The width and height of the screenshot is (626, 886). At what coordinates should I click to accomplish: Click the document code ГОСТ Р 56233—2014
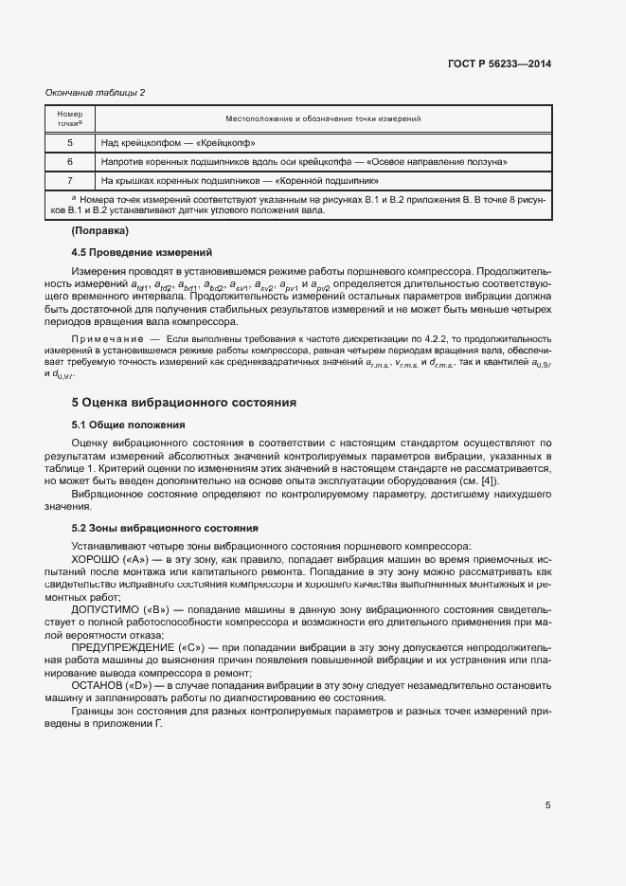(498, 64)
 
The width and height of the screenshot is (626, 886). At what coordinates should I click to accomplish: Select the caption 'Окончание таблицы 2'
(96, 92)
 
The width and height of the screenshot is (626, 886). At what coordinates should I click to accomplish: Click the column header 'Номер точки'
(70, 118)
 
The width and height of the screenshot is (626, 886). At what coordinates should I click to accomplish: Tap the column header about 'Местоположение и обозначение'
(323, 118)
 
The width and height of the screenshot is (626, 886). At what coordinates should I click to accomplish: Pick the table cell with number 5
(70, 143)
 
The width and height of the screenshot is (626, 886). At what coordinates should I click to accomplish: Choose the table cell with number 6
(70, 162)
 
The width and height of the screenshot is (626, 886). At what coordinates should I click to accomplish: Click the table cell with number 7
(70, 180)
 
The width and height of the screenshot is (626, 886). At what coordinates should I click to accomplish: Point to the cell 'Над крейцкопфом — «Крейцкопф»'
(179, 143)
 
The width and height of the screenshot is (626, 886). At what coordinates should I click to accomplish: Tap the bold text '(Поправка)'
(99, 231)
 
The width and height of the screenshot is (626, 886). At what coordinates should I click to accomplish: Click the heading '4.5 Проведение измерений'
(141, 252)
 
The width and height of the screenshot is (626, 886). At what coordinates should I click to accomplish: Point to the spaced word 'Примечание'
(104, 338)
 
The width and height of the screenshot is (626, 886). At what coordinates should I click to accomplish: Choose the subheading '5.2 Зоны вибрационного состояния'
(158, 528)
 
